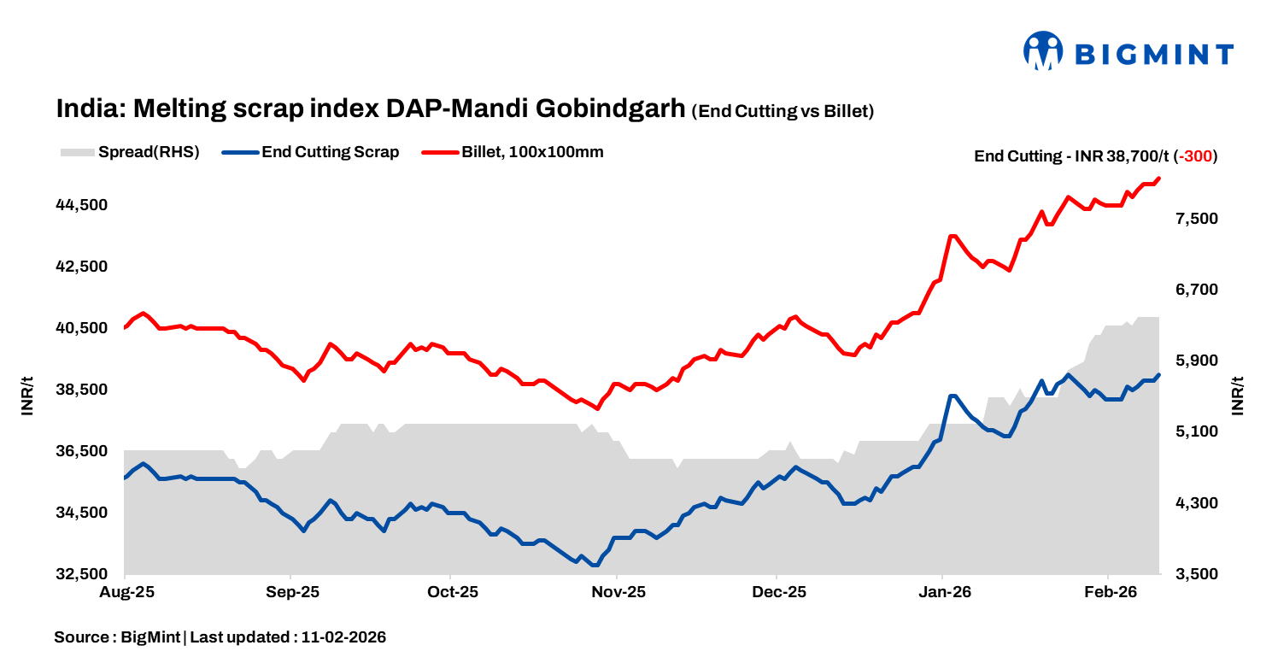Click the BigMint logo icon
(1042, 51)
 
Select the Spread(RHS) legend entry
(130, 153)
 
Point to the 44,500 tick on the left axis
(83, 205)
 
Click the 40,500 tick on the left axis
(83, 328)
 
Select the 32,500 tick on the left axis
(83, 574)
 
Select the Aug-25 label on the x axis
(126, 591)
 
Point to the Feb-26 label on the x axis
(1107, 591)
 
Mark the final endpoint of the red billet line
(1158, 179)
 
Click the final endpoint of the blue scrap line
(1158, 375)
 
